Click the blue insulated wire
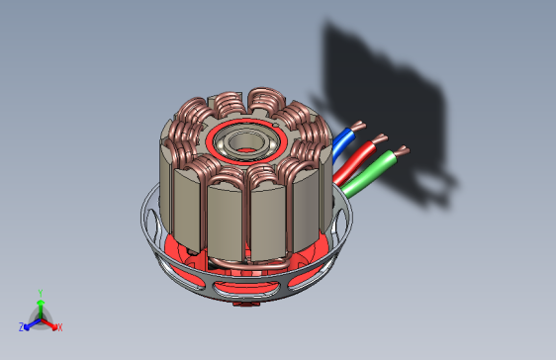342,143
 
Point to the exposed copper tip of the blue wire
359,126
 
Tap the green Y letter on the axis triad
40,293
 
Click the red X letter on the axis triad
59,327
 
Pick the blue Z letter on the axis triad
22,326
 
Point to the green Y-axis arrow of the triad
40,307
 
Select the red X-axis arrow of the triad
49,322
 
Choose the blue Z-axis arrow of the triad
32,322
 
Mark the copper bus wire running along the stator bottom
247,262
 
